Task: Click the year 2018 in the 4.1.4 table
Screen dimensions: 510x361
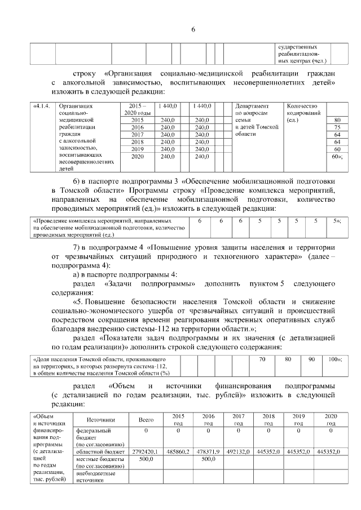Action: [137, 143]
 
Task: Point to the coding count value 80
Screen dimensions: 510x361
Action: [337, 120]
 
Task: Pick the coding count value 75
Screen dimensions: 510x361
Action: [337, 128]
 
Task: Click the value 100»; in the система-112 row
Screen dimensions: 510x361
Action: [336, 359]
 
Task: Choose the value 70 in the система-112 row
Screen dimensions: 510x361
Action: [262, 359]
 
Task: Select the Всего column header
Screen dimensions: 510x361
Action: [146, 420]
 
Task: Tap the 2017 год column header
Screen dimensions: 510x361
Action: [239, 420]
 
